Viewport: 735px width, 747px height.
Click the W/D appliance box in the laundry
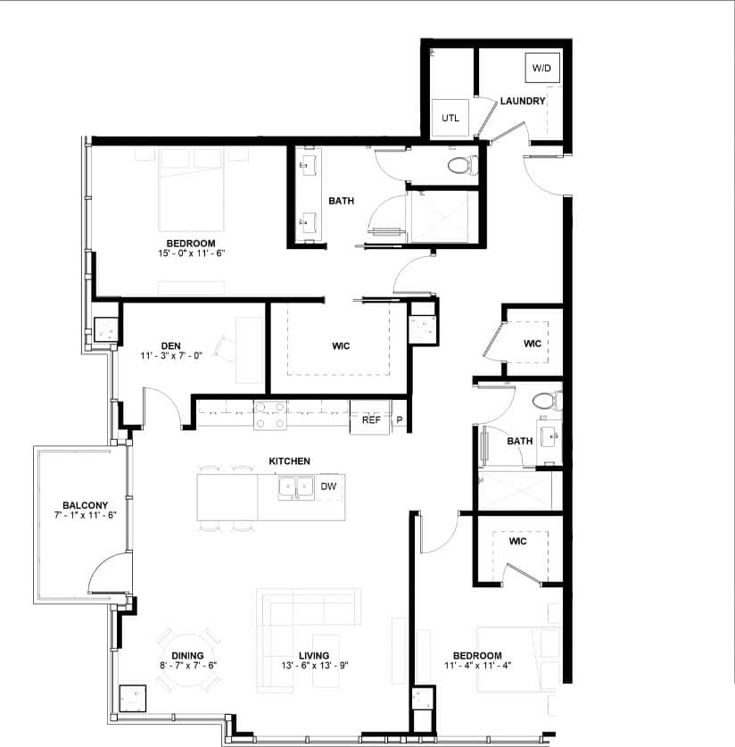pos(541,68)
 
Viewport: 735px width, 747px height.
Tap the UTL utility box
pos(450,118)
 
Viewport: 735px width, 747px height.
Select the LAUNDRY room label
pos(522,101)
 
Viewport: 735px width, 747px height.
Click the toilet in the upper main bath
pos(463,165)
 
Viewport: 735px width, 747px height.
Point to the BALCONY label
pos(85,504)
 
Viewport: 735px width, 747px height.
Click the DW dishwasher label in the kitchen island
pos(327,486)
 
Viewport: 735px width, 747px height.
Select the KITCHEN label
pos(290,461)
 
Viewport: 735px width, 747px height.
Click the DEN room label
pos(172,344)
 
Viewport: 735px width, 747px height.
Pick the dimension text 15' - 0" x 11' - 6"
pos(191,253)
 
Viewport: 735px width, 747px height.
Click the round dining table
pos(187,660)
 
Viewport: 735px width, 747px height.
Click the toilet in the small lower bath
pos(543,402)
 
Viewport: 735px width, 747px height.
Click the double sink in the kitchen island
pos(295,487)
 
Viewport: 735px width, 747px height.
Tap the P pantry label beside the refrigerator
pos(399,419)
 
